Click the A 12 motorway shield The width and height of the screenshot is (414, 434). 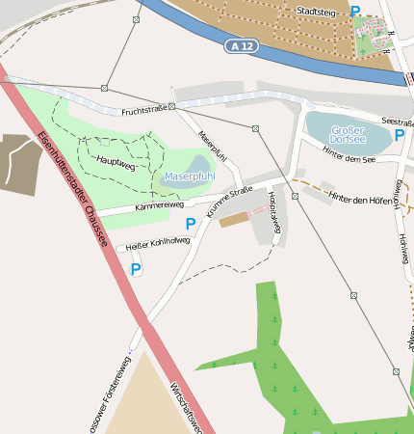(x=244, y=45)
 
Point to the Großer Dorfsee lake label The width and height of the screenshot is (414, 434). (x=348, y=134)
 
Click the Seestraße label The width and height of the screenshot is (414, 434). (x=397, y=121)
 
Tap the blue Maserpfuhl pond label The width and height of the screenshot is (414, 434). (x=189, y=176)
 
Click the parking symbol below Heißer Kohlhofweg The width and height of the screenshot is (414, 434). (x=136, y=271)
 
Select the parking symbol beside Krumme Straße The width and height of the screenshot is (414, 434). (x=191, y=224)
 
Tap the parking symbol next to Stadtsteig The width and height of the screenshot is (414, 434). (x=355, y=12)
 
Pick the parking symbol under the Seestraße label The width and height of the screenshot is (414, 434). (x=399, y=135)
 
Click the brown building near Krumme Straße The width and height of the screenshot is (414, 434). (x=235, y=220)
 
